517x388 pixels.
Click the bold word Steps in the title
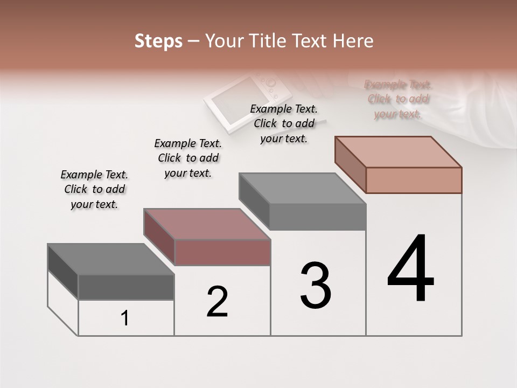[158, 41]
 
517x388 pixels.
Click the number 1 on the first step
[125, 318]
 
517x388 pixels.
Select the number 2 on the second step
[217, 302]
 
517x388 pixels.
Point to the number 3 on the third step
[316, 286]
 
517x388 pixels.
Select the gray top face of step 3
[302, 189]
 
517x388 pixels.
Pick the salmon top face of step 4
[398, 151]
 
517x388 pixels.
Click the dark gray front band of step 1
[126, 287]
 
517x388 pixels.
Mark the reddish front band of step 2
[222, 252]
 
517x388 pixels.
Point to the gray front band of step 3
[317, 217]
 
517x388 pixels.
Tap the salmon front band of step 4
[414, 180]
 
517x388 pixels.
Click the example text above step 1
[94, 189]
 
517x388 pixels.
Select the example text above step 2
[188, 158]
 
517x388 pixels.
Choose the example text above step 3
[284, 123]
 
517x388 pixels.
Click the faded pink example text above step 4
[398, 99]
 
